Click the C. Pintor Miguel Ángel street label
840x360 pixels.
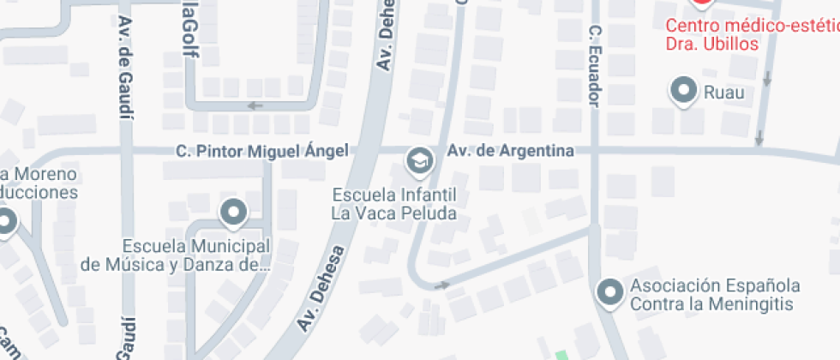coord(262,151)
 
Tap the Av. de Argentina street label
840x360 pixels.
coord(510,152)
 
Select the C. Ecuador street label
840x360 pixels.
coord(593,65)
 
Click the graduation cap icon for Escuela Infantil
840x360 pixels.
coord(419,159)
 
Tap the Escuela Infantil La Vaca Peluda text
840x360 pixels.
coord(394,203)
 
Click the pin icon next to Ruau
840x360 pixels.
coord(684,91)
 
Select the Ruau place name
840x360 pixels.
coord(724,92)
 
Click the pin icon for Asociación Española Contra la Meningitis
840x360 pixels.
coord(610,293)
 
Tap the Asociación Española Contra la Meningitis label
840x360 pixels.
coord(715,294)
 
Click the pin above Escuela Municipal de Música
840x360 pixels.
coord(233,210)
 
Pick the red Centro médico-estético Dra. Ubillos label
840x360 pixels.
coord(753,34)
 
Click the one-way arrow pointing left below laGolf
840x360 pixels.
coord(255,106)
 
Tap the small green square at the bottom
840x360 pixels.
coord(561,355)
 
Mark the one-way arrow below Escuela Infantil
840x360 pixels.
coord(442,285)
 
